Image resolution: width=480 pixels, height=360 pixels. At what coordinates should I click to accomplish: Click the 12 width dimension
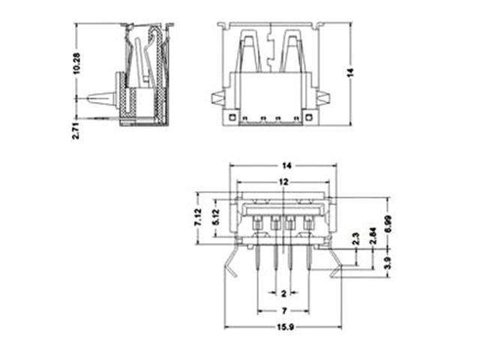pos(283,182)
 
